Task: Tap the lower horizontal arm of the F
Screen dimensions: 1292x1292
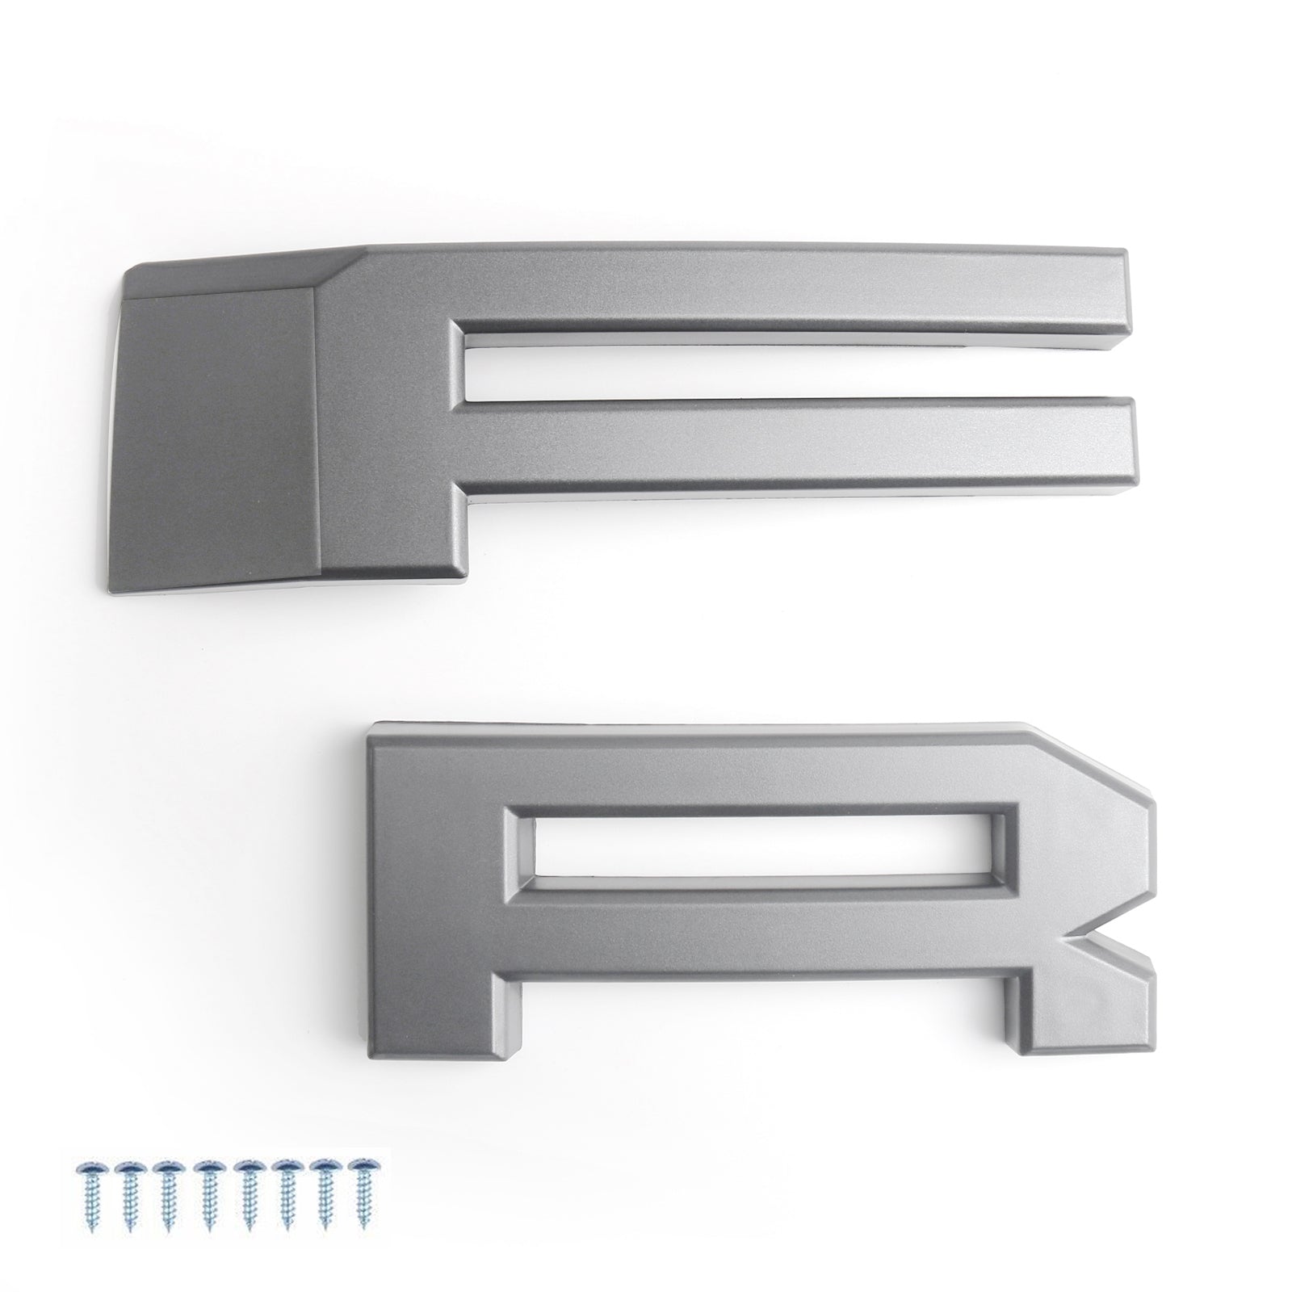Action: (799, 446)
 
